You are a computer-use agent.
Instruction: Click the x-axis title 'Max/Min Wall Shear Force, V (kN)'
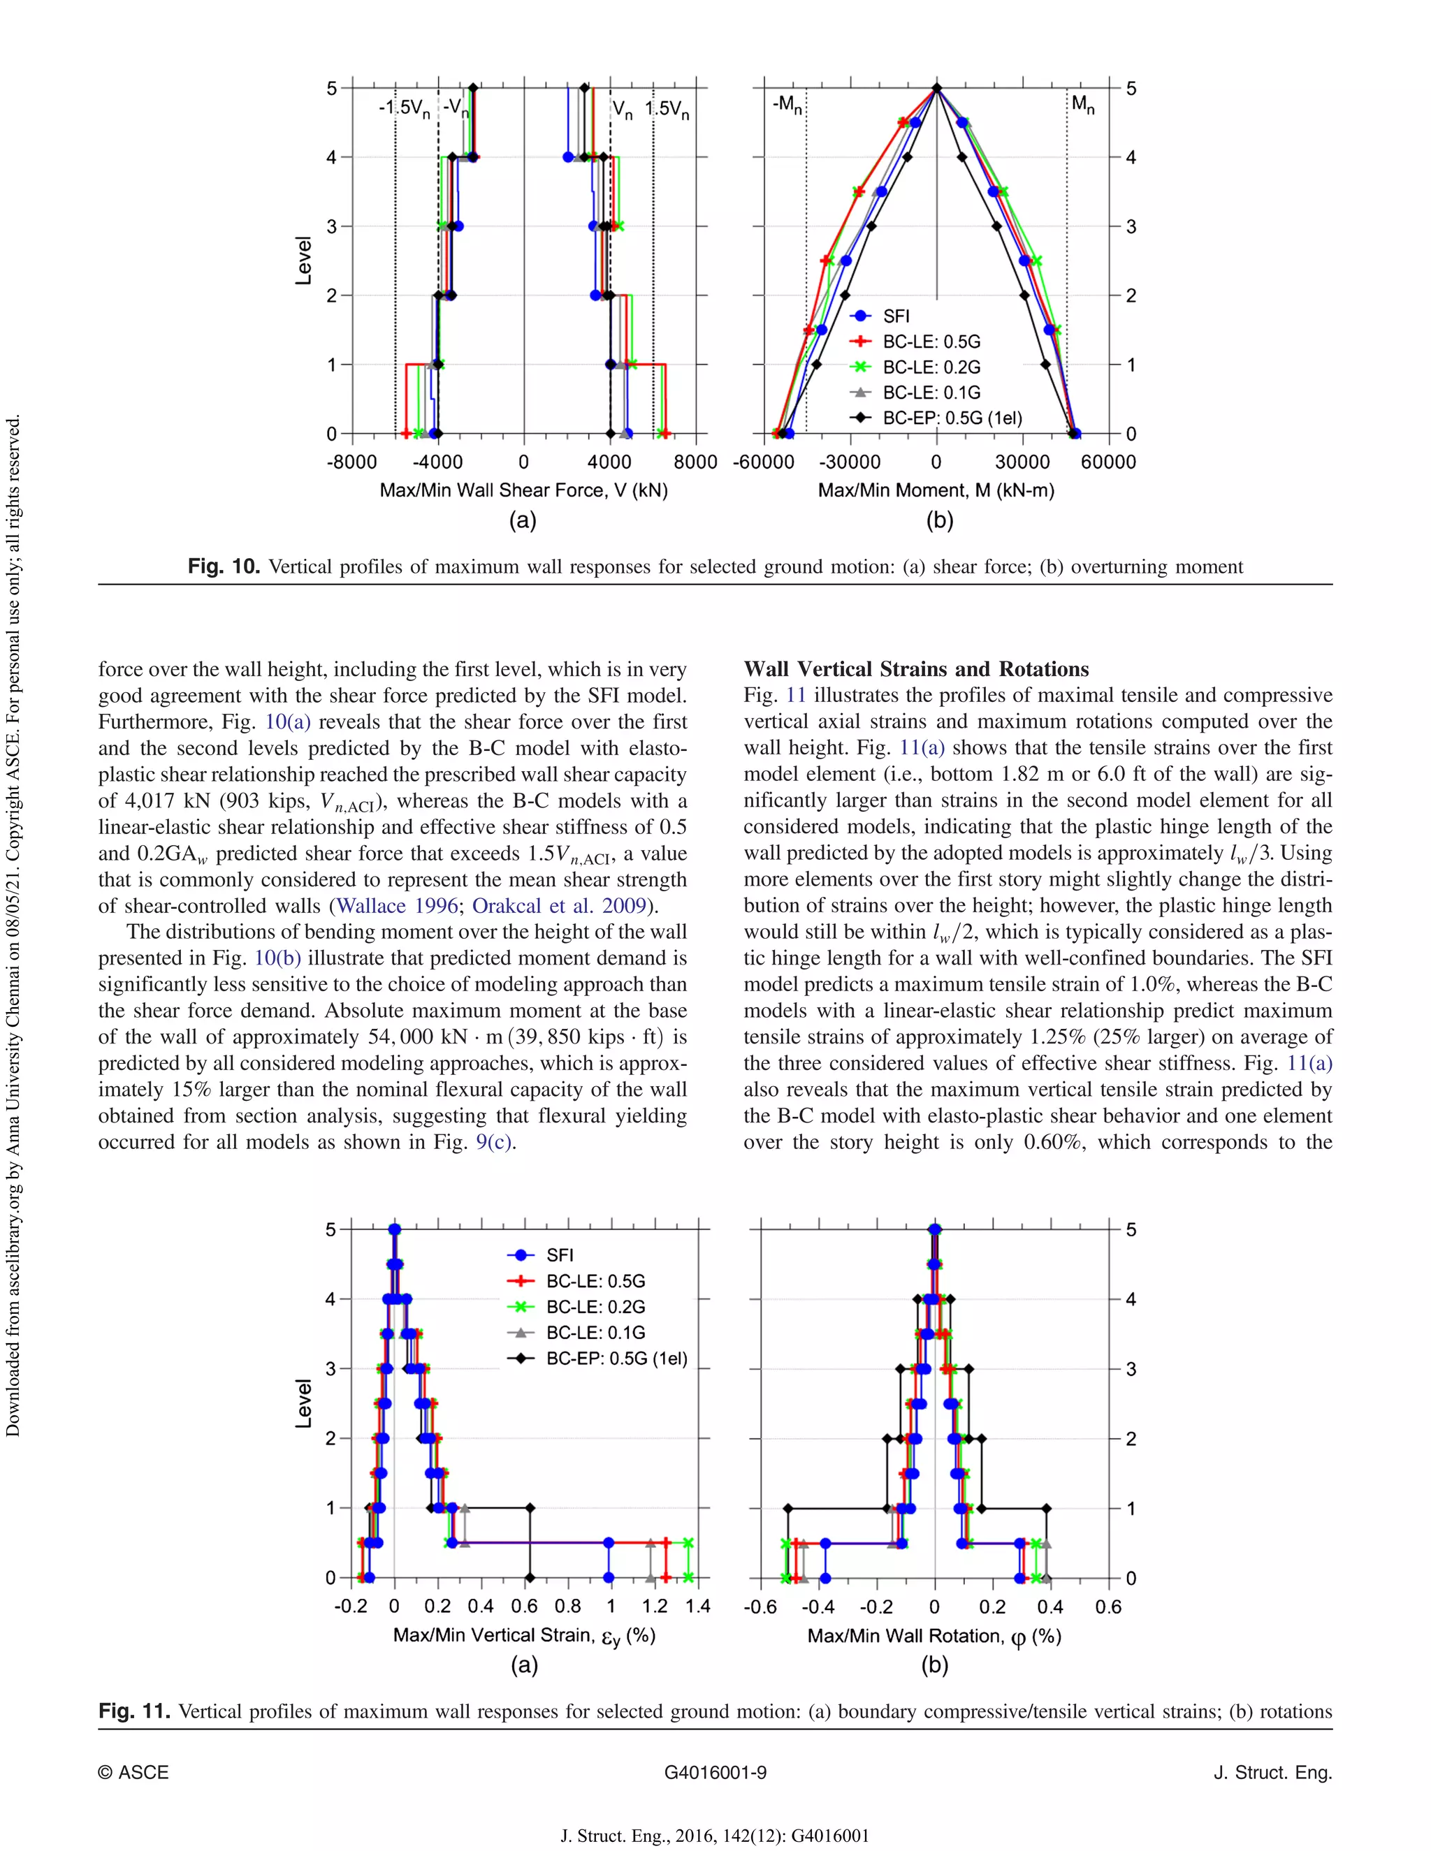point(523,490)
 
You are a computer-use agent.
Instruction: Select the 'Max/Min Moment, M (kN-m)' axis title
point(936,490)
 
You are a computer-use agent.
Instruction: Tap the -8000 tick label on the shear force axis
point(352,462)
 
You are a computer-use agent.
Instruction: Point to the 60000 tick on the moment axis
point(1108,462)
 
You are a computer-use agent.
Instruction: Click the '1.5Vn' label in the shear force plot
point(667,110)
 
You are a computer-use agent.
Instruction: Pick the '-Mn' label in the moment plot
point(787,104)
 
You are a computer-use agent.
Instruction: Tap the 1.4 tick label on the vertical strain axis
point(698,1605)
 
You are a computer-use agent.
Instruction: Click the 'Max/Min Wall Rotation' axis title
point(934,1636)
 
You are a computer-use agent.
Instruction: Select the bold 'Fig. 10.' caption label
point(224,566)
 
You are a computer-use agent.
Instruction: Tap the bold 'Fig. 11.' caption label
point(135,1711)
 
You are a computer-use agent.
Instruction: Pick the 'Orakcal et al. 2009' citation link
point(560,905)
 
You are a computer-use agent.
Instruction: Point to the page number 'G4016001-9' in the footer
point(715,1772)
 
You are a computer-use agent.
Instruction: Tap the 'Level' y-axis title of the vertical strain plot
point(303,1403)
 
